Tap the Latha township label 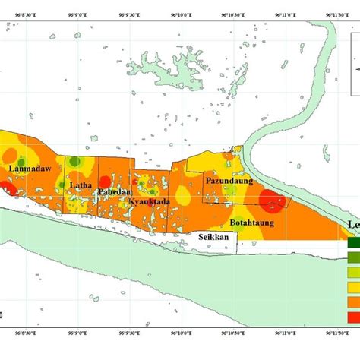[81, 185]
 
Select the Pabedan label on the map [112, 192]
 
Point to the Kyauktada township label [145, 201]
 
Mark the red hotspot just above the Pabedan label [105, 181]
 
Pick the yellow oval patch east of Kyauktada [183, 197]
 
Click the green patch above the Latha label [76, 162]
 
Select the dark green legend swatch [353, 244]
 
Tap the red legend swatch [353, 316]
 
